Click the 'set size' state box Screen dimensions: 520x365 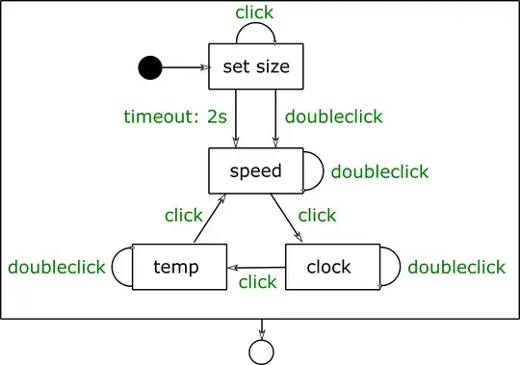(255, 67)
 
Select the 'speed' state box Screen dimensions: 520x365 (255, 171)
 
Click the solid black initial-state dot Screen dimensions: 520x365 (149, 67)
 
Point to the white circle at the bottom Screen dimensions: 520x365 (259, 352)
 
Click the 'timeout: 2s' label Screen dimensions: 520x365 (174, 117)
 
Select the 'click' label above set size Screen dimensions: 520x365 (254, 13)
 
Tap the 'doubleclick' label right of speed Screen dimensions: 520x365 (379, 172)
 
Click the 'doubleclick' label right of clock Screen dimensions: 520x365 (455, 267)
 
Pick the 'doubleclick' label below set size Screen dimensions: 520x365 (334, 117)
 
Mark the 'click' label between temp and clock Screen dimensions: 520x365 (257, 282)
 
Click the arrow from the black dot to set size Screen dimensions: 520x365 (185, 67)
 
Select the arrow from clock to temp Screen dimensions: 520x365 (255, 267)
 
